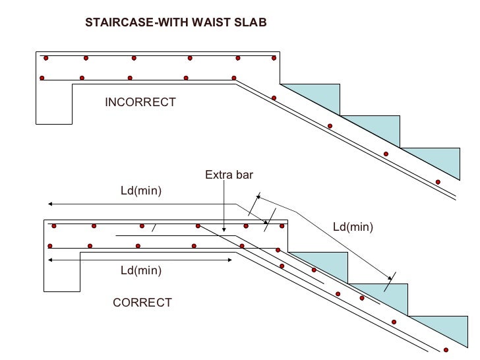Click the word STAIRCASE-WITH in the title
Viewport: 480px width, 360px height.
pos(129,22)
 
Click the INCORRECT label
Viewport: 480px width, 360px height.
pos(140,102)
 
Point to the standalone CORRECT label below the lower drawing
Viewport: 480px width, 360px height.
pos(142,303)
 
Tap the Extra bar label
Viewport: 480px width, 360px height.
pos(229,175)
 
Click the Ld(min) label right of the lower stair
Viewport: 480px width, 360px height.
pos(353,227)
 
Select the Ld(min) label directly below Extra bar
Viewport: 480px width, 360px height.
pos(140,191)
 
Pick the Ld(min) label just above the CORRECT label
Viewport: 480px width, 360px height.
pos(140,271)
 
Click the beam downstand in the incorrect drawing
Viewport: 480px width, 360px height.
pos(54,105)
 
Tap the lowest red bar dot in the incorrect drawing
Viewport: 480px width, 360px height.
pos(438,182)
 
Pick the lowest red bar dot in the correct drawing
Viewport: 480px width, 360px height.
pos(446,349)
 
